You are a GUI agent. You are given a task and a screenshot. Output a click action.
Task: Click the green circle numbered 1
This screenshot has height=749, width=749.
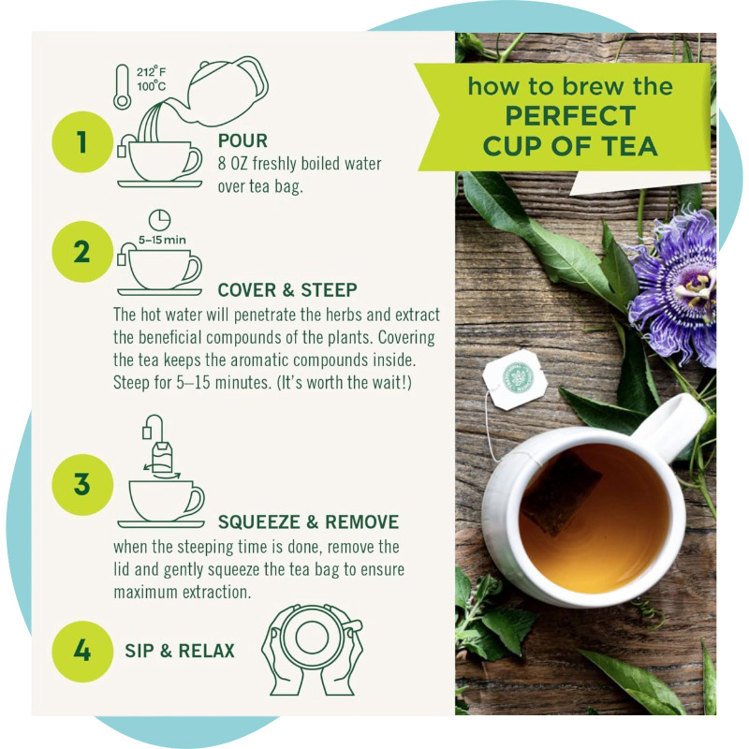(x=81, y=142)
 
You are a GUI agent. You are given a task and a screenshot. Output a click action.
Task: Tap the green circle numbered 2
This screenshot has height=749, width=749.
(x=81, y=252)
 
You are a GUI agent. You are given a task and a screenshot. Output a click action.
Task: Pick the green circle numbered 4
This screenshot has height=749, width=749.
(x=81, y=650)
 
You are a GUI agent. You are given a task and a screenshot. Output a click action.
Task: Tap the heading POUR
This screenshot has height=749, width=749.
(x=242, y=141)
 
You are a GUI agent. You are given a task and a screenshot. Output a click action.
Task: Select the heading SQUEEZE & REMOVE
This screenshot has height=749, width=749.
(x=308, y=521)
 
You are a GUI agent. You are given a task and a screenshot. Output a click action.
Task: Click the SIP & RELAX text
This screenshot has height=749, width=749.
(x=180, y=650)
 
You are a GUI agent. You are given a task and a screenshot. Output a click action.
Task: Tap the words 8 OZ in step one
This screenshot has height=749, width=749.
(x=234, y=165)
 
